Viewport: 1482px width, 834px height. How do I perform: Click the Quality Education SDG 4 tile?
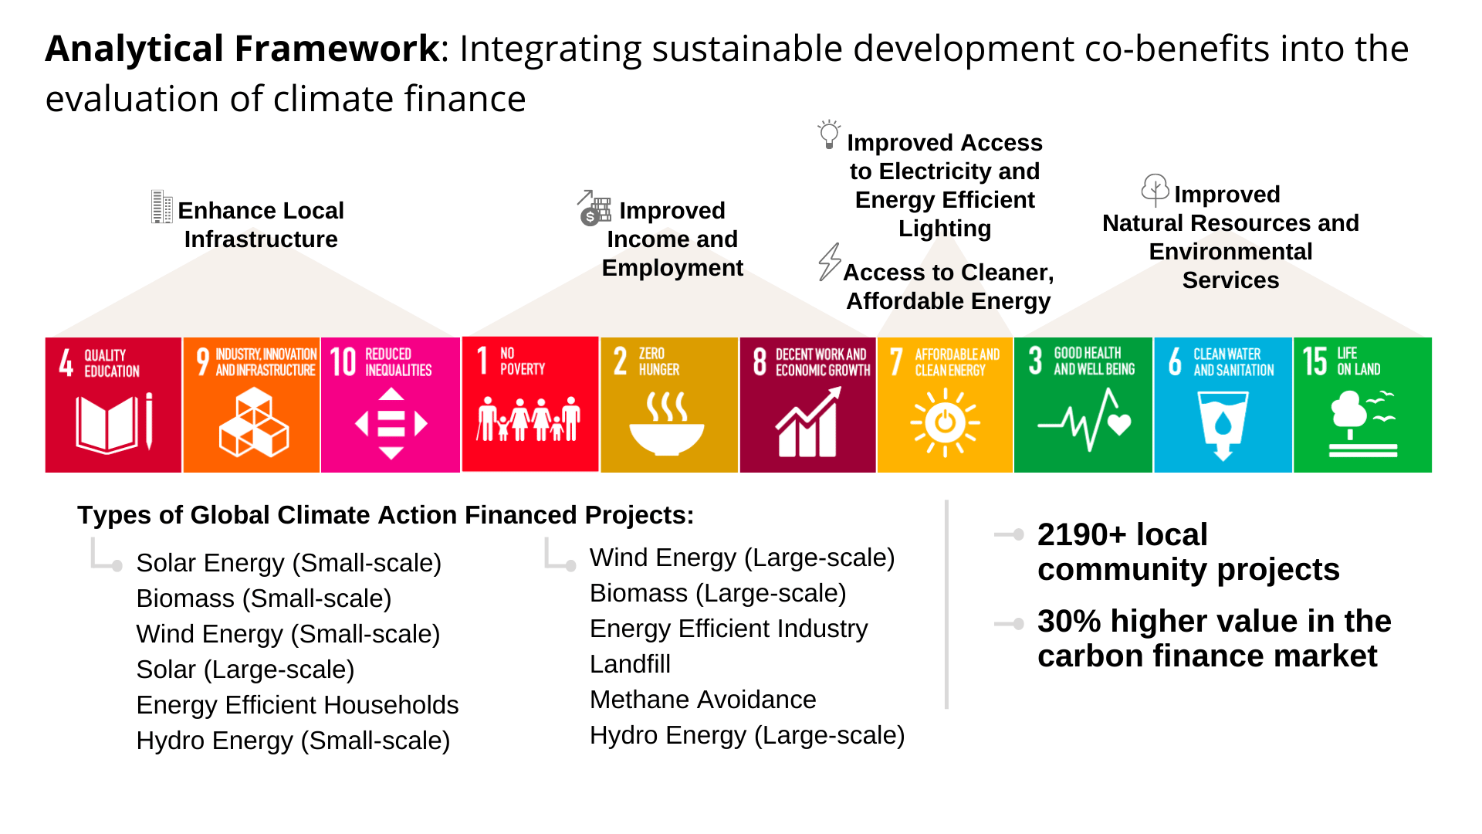113,405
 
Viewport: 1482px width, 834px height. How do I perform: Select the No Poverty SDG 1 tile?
530,404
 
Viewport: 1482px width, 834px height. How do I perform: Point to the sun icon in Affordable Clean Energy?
945,423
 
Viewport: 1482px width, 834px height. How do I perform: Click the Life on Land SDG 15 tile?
1362,405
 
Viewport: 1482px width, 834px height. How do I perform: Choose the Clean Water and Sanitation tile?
1223,405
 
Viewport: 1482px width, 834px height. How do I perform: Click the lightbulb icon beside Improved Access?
829,134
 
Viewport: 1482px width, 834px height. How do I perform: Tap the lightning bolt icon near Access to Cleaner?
830,262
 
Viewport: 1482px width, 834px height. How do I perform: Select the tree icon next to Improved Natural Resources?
1155,190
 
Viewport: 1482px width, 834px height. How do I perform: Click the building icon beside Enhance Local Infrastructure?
161,207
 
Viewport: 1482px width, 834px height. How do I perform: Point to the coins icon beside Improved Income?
594,208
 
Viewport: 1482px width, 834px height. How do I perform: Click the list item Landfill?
630,664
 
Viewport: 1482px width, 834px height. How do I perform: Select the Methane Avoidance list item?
702,700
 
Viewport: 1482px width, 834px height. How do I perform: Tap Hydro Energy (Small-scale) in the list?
293,741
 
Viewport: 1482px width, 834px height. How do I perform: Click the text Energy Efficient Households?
297,705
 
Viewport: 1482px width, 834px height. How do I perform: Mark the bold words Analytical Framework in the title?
242,49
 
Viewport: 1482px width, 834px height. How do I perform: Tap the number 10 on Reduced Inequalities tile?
343,361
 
